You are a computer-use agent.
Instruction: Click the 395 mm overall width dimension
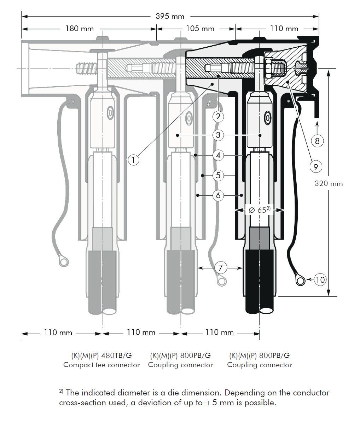click(x=170, y=16)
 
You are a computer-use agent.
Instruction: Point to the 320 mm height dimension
click(x=329, y=183)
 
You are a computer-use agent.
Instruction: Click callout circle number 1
click(x=133, y=160)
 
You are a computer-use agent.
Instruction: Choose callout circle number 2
click(x=219, y=116)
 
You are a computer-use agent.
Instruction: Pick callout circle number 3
click(x=219, y=135)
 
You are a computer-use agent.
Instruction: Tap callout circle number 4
click(x=219, y=155)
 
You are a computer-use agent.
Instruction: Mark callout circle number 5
click(x=219, y=175)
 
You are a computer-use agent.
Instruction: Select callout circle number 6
click(x=219, y=195)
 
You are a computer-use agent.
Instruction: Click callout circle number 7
click(x=220, y=268)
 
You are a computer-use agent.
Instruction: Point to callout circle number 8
click(x=317, y=141)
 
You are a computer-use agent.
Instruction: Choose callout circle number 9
click(x=315, y=166)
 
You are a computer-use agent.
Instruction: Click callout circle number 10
click(x=320, y=280)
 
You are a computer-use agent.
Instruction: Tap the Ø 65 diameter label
click(x=259, y=210)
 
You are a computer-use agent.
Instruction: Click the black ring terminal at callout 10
click(x=300, y=281)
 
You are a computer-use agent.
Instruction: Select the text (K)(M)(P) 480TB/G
click(x=101, y=356)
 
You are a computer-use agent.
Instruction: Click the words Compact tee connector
click(x=101, y=365)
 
